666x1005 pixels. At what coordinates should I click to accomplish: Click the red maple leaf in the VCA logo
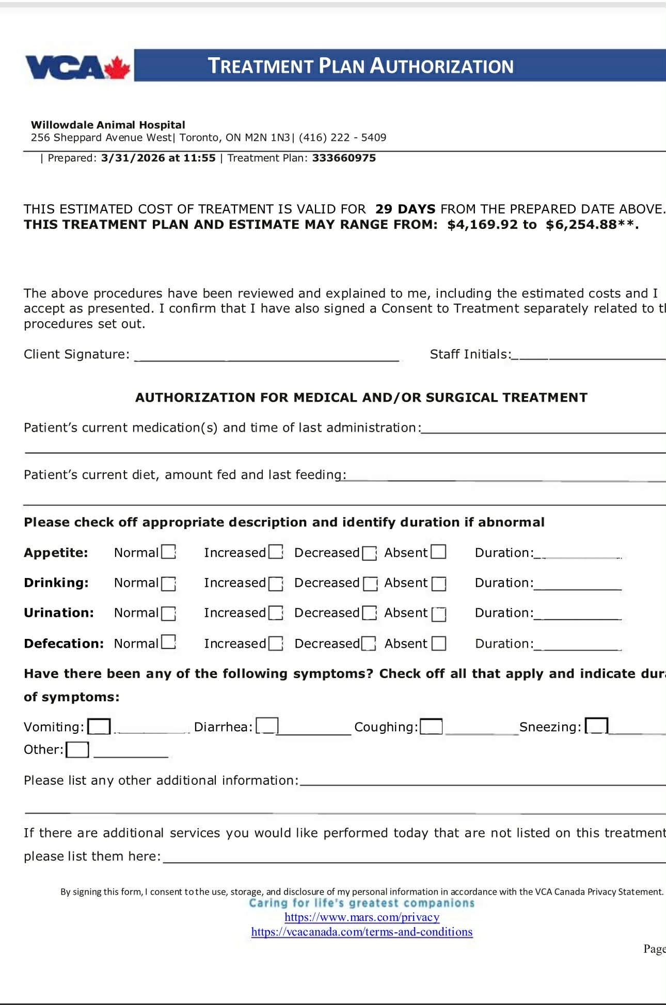point(117,68)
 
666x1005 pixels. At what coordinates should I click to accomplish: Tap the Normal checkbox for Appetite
point(168,552)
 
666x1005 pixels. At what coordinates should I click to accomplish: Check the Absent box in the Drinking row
point(439,583)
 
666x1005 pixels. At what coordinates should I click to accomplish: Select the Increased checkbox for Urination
point(276,613)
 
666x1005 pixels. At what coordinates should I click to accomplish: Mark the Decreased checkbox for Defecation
point(369,644)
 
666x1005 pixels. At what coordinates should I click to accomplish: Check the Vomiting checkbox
point(99,727)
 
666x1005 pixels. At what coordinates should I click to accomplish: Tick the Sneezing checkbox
point(596,726)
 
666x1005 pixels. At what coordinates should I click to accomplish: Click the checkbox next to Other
point(77,749)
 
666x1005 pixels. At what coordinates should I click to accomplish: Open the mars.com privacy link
point(362,917)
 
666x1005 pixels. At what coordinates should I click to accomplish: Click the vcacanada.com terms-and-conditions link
point(362,932)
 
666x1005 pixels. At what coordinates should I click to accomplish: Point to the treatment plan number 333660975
point(344,158)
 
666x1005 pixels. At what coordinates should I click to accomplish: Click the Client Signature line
point(266,356)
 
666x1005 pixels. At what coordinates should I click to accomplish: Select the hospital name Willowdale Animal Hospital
point(108,125)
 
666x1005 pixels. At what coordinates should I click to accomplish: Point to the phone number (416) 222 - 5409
point(342,137)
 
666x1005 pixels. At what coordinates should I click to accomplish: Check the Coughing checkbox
point(431,727)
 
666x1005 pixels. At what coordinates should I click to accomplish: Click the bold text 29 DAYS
point(405,209)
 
